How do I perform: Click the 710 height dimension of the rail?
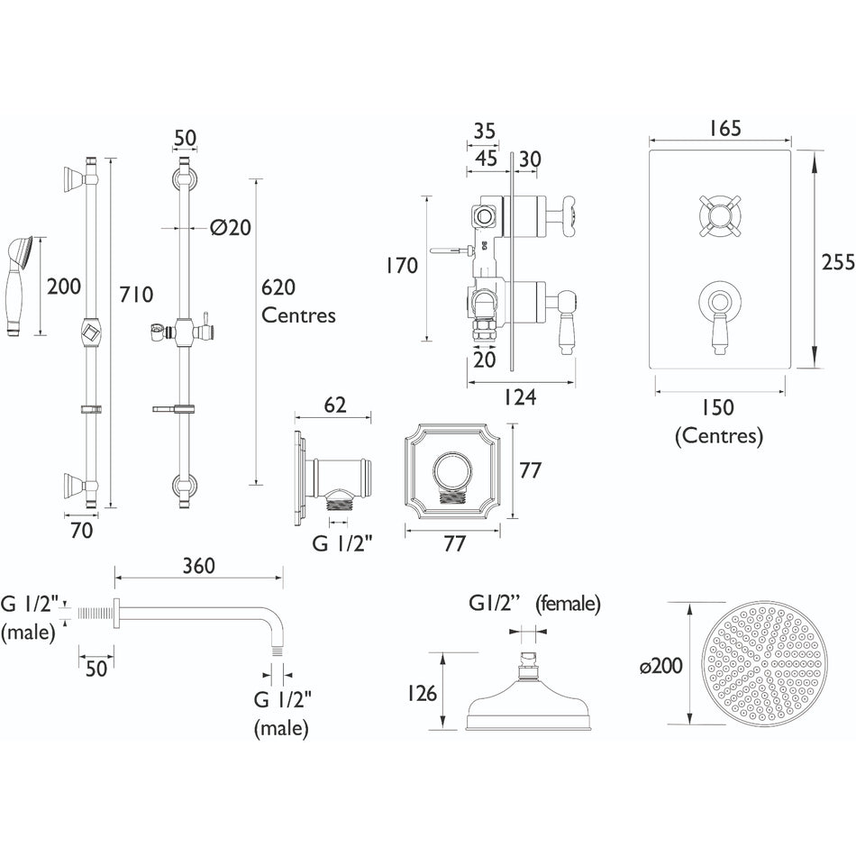point(136,295)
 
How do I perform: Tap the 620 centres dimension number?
point(278,287)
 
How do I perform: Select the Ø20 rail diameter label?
point(231,227)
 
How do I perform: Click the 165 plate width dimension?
point(724,129)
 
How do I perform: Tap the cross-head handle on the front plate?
point(720,216)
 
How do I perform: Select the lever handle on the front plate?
point(720,316)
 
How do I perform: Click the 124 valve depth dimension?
point(520,396)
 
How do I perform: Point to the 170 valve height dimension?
point(402,266)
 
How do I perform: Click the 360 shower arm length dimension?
point(199,566)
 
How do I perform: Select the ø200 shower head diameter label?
point(661,666)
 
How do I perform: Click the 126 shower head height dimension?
point(422,693)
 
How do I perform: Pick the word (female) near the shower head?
point(568,604)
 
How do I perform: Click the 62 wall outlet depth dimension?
point(334,405)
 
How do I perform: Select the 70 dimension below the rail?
point(81,530)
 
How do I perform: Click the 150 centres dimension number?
point(717,407)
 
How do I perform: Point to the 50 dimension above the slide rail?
point(185,138)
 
